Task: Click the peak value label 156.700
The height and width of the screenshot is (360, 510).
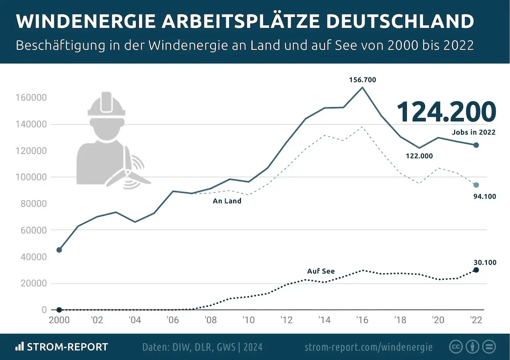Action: tap(362, 80)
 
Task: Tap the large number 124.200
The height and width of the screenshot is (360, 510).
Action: tap(446, 112)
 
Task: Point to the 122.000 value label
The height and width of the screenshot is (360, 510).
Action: tap(419, 156)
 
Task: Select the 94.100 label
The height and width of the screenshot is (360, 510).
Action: tap(484, 196)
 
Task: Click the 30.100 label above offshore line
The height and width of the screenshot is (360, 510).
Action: tap(484, 262)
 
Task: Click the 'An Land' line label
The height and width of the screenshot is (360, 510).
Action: tap(227, 201)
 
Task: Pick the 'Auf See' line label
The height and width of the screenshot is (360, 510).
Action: tap(321, 271)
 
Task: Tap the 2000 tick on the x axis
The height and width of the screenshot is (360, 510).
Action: tap(59, 321)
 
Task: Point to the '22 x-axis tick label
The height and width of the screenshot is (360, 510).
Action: tap(475, 321)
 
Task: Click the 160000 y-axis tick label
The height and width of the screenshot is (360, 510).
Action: tap(32, 98)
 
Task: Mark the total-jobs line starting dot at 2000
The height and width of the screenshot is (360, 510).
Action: tap(59, 250)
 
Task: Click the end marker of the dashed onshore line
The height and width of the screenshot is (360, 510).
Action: tap(476, 185)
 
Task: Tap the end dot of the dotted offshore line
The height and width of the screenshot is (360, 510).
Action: tap(476, 270)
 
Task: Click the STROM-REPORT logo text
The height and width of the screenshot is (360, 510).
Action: tap(67, 347)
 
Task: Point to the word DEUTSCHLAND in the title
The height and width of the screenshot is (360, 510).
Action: tap(400, 21)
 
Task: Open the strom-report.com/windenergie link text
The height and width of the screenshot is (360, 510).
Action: tap(368, 347)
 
